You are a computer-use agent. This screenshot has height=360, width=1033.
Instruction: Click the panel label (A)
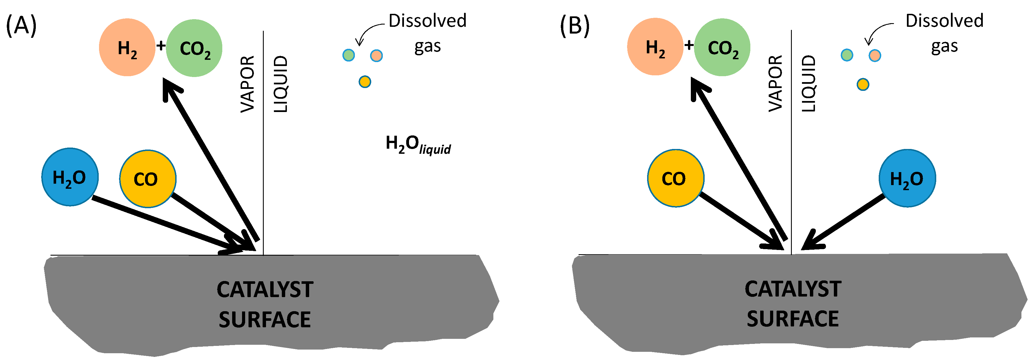point(21,26)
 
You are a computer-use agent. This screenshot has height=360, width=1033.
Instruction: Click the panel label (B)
point(574,26)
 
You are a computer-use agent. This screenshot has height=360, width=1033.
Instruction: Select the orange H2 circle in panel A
point(127,47)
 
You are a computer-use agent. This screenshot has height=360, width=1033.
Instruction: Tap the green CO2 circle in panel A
point(194,48)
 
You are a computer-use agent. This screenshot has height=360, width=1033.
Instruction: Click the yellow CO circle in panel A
point(148,179)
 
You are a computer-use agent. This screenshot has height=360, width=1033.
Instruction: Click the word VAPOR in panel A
point(247,84)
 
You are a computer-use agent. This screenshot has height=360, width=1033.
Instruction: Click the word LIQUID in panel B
point(808,84)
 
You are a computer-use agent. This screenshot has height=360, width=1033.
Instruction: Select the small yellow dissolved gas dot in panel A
point(364,82)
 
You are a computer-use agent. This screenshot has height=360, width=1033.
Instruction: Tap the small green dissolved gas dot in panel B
point(847,55)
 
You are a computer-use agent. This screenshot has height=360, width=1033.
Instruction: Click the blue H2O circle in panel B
point(907,178)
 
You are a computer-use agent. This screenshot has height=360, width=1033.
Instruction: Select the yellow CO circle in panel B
point(675,178)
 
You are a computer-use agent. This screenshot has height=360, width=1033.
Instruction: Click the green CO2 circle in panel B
point(722,47)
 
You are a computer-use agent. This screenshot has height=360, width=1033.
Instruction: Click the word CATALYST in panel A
point(265,289)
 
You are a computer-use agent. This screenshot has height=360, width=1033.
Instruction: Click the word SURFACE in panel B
point(792,319)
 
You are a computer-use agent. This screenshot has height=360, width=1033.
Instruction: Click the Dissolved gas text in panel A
point(427,33)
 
